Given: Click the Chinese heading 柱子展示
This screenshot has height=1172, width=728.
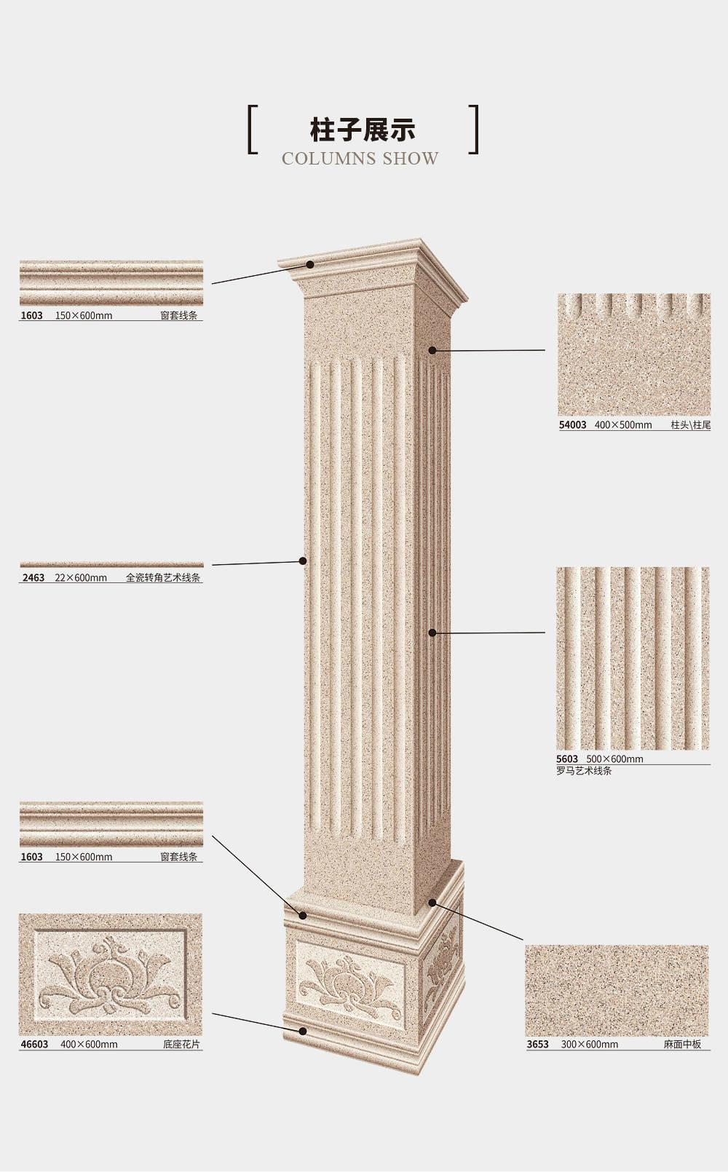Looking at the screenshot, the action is click(362, 130).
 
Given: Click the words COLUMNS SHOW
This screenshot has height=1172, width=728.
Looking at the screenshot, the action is click(360, 159).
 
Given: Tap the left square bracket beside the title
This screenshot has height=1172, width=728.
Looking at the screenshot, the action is click(252, 130).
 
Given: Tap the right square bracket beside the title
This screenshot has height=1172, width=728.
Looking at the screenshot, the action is click(474, 130).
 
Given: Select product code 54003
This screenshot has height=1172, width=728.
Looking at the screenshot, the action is click(572, 425).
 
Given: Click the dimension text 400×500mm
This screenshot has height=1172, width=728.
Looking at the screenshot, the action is click(622, 425).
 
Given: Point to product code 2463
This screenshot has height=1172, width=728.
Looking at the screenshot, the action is click(33, 578).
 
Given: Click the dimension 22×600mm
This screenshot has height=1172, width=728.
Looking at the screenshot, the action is click(81, 578).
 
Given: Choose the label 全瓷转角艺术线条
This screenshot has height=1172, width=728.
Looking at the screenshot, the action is click(163, 578).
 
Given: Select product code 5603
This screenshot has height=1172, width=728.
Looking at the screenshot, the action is click(567, 759).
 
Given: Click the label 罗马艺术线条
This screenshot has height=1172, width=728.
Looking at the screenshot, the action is click(584, 771).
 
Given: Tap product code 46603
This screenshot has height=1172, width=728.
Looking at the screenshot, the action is click(34, 1045).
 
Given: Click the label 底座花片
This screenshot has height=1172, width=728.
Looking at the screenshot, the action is click(181, 1045).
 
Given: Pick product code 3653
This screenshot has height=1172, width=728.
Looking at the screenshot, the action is click(537, 1045).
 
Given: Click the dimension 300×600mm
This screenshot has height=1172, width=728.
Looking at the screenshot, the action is click(589, 1045).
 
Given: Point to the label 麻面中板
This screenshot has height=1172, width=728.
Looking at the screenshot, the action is click(682, 1045).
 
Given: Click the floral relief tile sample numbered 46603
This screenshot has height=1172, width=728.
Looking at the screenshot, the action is click(111, 975).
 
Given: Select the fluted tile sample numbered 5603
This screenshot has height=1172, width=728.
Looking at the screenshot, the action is click(632, 658).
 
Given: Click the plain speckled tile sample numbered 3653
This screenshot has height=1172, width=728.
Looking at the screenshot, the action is click(617, 991).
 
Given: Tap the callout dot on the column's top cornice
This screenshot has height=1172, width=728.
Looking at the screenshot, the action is click(310, 265).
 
